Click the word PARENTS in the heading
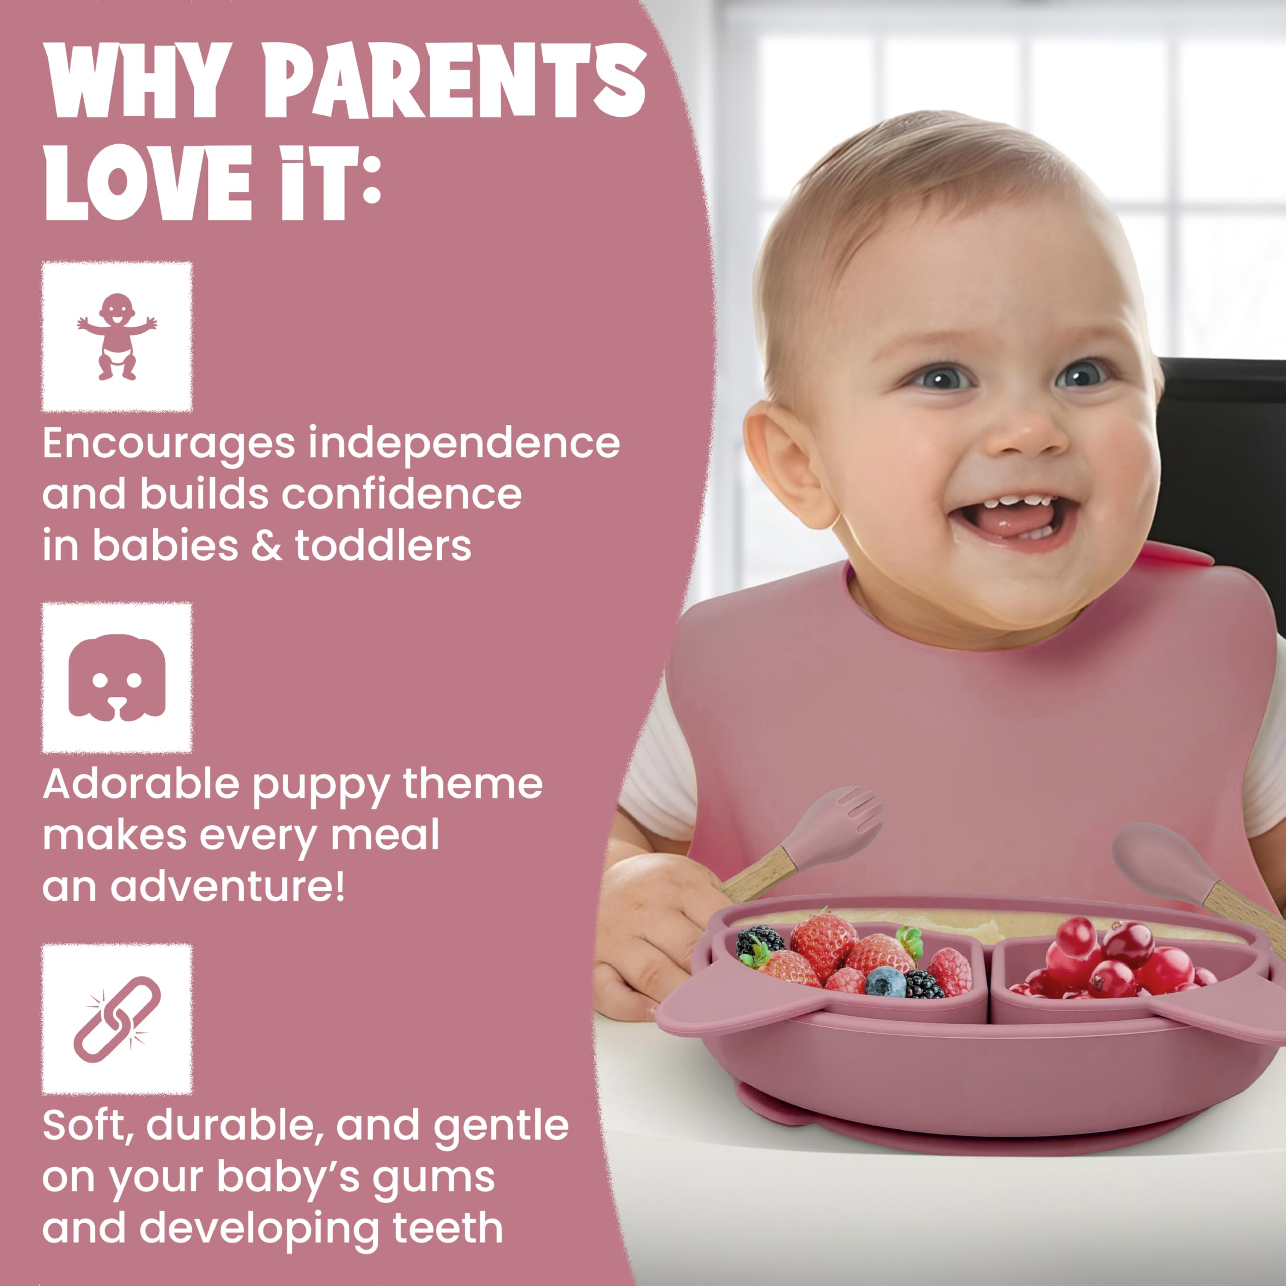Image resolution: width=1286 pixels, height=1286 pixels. tap(454, 81)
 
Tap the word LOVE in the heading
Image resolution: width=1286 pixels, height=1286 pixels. tap(148, 183)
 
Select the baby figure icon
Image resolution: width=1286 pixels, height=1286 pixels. tap(117, 337)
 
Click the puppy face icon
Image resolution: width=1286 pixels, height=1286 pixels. tap(117, 678)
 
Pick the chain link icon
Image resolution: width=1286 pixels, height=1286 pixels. tap(117, 1019)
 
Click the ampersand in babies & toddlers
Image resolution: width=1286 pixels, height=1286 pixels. tap(266, 546)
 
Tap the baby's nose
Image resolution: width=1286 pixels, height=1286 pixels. tap(1028, 433)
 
